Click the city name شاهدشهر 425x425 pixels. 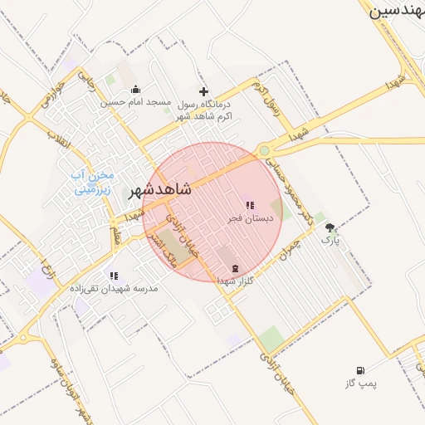pyautogui.click(x=159, y=189)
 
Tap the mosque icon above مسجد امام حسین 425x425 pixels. pyautogui.click(x=136, y=90)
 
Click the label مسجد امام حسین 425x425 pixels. pyautogui.click(x=135, y=103)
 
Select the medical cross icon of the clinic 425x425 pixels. pyautogui.click(x=203, y=91)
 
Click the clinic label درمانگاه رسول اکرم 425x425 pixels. pyautogui.click(x=203, y=110)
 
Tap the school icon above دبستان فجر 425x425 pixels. pyautogui.click(x=250, y=205)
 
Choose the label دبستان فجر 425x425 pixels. pyautogui.click(x=250, y=218)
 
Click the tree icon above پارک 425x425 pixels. pyautogui.click(x=330, y=227)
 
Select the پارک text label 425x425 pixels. pyautogui.click(x=330, y=240)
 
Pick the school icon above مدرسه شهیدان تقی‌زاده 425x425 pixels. pyautogui.click(x=114, y=276)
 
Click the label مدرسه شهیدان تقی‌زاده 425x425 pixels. pyautogui.click(x=113, y=288)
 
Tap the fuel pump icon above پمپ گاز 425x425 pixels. pyautogui.click(x=359, y=369)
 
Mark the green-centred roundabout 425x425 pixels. pyautogui.click(x=264, y=151)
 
